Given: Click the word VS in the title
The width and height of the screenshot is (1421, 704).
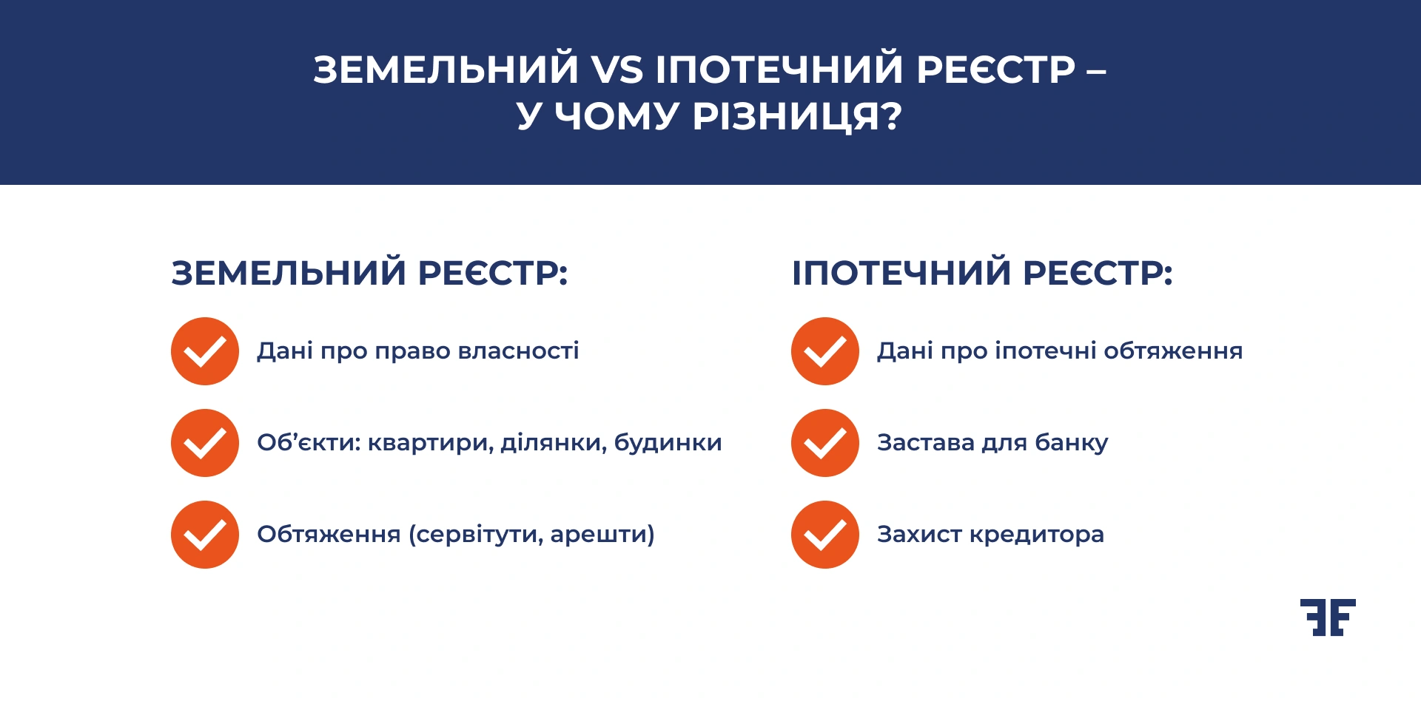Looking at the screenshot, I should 617,70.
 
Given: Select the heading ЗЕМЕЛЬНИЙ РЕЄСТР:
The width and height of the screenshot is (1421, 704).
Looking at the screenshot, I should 369,273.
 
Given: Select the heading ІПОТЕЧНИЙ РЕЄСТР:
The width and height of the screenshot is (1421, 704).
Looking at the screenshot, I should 982,273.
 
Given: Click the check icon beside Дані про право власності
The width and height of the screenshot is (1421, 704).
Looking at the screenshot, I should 205,351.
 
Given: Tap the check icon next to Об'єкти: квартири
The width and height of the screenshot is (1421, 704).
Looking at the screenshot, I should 205,443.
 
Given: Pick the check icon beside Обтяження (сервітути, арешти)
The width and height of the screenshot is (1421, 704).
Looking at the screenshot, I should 205,535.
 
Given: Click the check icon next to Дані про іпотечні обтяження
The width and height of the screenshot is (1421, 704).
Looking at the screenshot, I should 825,351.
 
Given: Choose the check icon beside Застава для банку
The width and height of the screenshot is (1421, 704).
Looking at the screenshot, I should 825,443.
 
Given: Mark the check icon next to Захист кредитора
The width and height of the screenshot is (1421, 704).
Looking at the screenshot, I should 825,535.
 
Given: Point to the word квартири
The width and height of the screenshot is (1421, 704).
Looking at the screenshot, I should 429,443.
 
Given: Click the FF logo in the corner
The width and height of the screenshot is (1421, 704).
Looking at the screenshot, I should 1328,617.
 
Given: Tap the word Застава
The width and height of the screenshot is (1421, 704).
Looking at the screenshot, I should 926,443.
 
